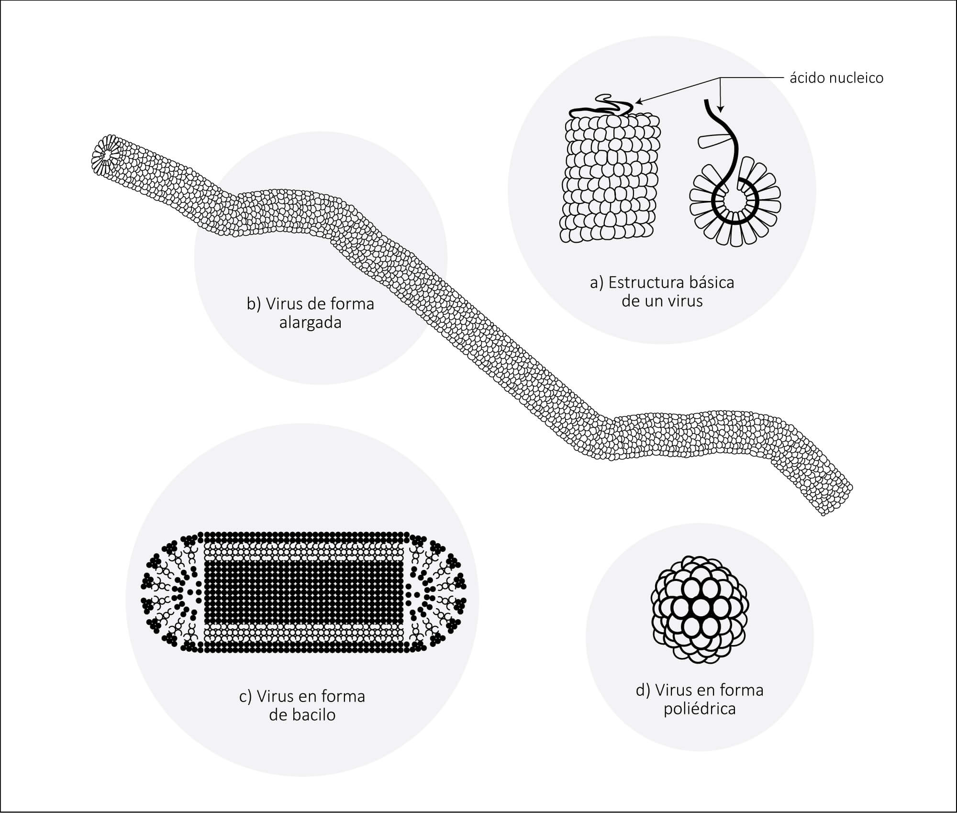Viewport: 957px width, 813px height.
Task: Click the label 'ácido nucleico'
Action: (836, 78)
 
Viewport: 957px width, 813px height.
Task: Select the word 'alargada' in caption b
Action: (310, 323)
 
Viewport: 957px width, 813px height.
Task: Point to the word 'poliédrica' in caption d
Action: (700, 709)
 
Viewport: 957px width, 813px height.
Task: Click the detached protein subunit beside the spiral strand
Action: (713, 142)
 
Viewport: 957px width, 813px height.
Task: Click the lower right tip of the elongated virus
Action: (824, 514)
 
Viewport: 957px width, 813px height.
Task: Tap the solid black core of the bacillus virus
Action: (304, 592)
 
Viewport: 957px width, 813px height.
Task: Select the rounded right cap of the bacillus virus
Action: (435, 592)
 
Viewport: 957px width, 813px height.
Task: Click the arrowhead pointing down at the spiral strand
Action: (722, 108)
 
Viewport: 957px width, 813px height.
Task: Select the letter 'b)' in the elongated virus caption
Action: (254, 304)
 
